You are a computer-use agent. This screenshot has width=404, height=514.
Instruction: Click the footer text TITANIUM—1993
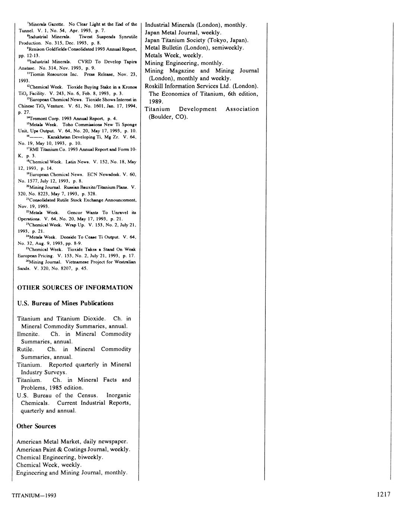34,496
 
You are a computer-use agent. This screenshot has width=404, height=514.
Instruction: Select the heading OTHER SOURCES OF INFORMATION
75,288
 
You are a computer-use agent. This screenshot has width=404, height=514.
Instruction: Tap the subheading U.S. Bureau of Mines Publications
65,303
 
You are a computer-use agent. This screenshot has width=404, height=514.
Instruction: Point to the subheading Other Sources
36,426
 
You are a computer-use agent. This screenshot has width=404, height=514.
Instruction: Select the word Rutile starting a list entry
25,349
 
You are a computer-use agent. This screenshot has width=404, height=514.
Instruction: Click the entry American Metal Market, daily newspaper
72,441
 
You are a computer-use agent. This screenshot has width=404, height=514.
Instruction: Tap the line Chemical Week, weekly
49,464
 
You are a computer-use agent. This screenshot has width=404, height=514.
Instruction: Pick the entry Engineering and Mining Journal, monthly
72,472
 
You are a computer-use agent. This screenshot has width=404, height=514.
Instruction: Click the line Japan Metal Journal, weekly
183,32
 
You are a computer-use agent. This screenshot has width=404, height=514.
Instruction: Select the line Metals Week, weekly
174,55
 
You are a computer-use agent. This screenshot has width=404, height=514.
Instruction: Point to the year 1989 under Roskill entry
156,101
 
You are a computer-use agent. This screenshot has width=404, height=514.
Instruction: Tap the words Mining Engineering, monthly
184,63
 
